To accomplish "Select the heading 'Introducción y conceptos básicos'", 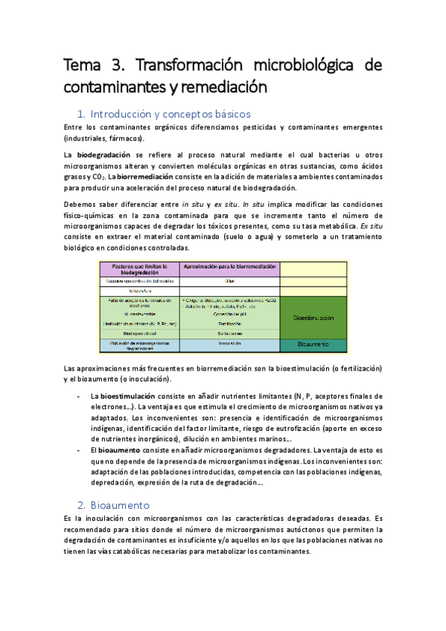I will tap(170, 115).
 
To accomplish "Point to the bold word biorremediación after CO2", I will tap(142, 177).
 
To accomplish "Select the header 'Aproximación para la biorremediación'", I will tap(229, 266).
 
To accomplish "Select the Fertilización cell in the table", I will tap(229, 325).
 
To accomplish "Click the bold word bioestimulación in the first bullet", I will tap(127, 396).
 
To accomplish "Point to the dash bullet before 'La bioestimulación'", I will tap(80, 396).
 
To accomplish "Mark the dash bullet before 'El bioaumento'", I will tap(80, 450).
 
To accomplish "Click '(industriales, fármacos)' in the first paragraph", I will tap(104, 138).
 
